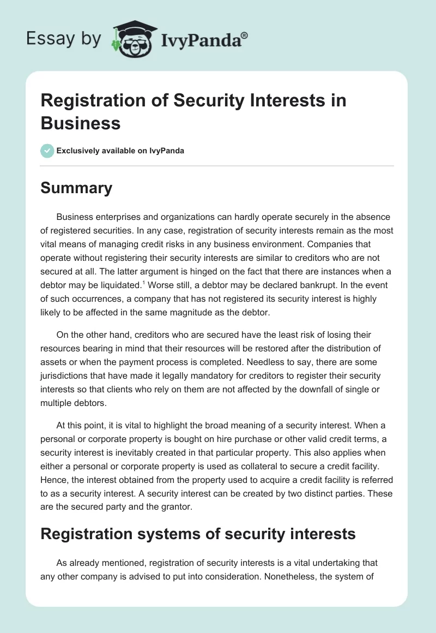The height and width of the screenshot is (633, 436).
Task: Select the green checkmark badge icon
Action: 47,151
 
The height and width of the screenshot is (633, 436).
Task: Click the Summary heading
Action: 76,188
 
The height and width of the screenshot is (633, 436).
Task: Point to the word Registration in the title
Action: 90,101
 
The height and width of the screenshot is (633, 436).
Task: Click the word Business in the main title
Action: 81,123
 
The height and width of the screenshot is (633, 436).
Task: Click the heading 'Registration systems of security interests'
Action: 198,533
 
